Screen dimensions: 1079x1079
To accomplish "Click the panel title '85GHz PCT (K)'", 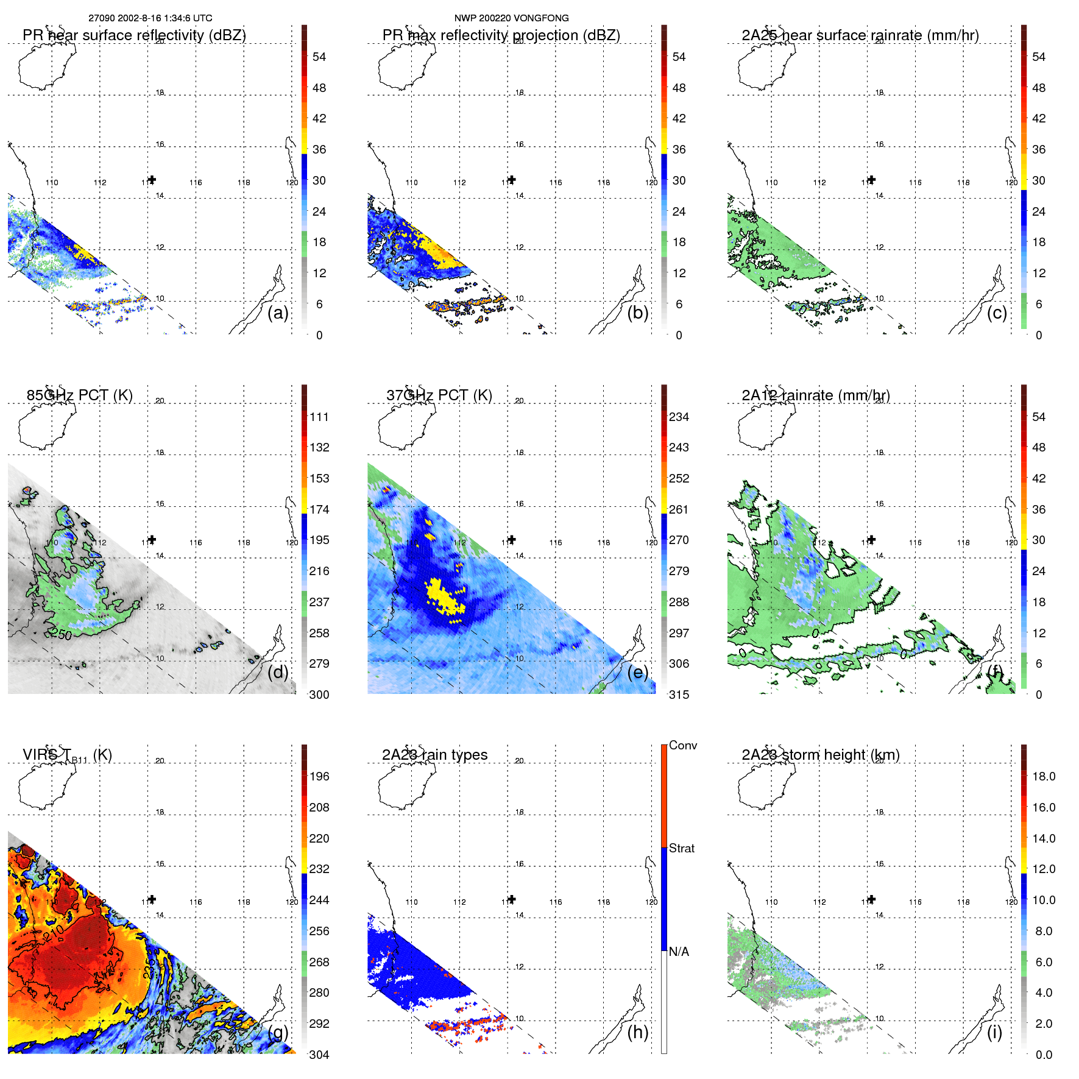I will (x=79, y=395).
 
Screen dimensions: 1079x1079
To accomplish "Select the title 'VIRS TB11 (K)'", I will (x=67, y=755).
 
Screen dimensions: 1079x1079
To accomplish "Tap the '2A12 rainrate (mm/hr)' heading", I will (x=815, y=395).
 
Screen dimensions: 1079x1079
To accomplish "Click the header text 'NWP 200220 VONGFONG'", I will (x=511, y=18).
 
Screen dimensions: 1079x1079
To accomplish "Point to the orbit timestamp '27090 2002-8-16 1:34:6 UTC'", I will (x=150, y=18).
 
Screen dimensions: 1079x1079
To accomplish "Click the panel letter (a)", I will (x=278, y=313).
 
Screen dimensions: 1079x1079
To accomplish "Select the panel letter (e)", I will (x=637, y=672).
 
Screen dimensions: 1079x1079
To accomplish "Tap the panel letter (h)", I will (x=637, y=1032).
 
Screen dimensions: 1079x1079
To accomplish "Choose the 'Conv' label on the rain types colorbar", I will (x=682, y=745).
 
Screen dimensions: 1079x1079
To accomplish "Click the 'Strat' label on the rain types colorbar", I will (x=682, y=848).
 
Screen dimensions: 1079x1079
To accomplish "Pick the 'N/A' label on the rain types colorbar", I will (x=679, y=952).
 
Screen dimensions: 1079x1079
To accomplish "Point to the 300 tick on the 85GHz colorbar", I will (x=319, y=695).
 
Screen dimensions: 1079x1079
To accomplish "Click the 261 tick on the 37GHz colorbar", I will (x=679, y=509).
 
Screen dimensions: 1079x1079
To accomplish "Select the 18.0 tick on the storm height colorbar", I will (x=1043, y=776).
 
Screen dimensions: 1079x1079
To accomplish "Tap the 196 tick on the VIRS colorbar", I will (x=319, y=776).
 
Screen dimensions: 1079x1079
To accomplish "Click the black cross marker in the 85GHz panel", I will (x=152, y=539).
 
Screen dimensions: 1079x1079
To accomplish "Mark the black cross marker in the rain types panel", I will (x=512, y=899).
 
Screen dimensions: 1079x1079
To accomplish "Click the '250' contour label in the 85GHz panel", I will (x=61, y=634).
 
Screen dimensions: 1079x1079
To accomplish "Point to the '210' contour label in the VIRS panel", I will (x=54, y=933).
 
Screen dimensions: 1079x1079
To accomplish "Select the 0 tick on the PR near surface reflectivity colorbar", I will (x=319, y=335).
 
